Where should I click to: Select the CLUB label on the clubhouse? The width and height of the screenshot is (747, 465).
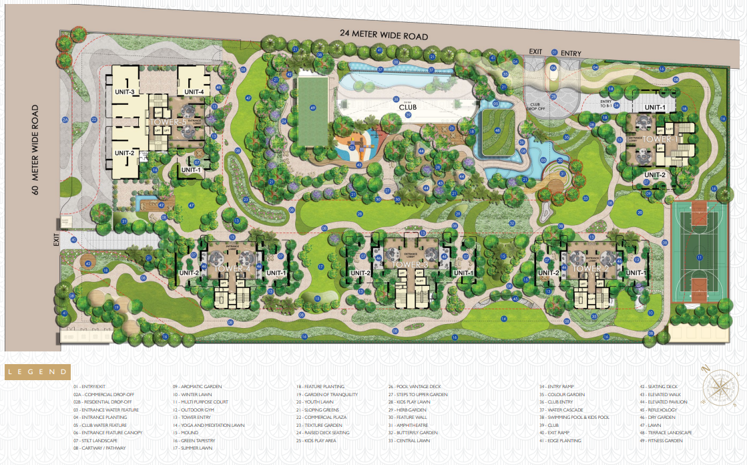(x=408, y=106)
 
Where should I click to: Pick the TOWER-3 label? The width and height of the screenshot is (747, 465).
(x=411, y=265)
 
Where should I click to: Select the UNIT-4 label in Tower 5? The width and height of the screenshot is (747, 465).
(x=194, y=92)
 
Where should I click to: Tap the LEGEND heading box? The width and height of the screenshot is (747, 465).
(x=37, y=371)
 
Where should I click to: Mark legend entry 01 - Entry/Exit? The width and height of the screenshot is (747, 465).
(x=92, y=386)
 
